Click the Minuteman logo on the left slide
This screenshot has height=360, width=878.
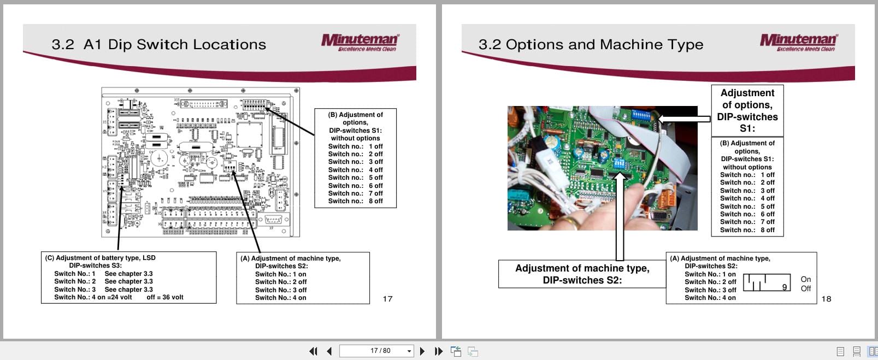point(360,42)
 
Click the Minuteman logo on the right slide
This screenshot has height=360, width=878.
point(798,42)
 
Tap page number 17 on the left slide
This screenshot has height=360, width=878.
point(387,299)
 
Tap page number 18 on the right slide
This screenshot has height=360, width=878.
point(826,299)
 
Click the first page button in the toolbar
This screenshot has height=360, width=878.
point(313,351)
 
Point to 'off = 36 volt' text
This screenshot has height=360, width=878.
point(165,298)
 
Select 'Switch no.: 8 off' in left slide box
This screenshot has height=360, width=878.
point(355,201)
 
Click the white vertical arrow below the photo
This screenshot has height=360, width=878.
point(620,219)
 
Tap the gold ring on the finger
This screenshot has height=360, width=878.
point(570,221)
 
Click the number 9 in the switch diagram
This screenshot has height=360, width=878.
point(785,287)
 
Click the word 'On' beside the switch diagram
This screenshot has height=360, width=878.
point(805,279)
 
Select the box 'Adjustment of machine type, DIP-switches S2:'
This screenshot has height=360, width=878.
point(582,274)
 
